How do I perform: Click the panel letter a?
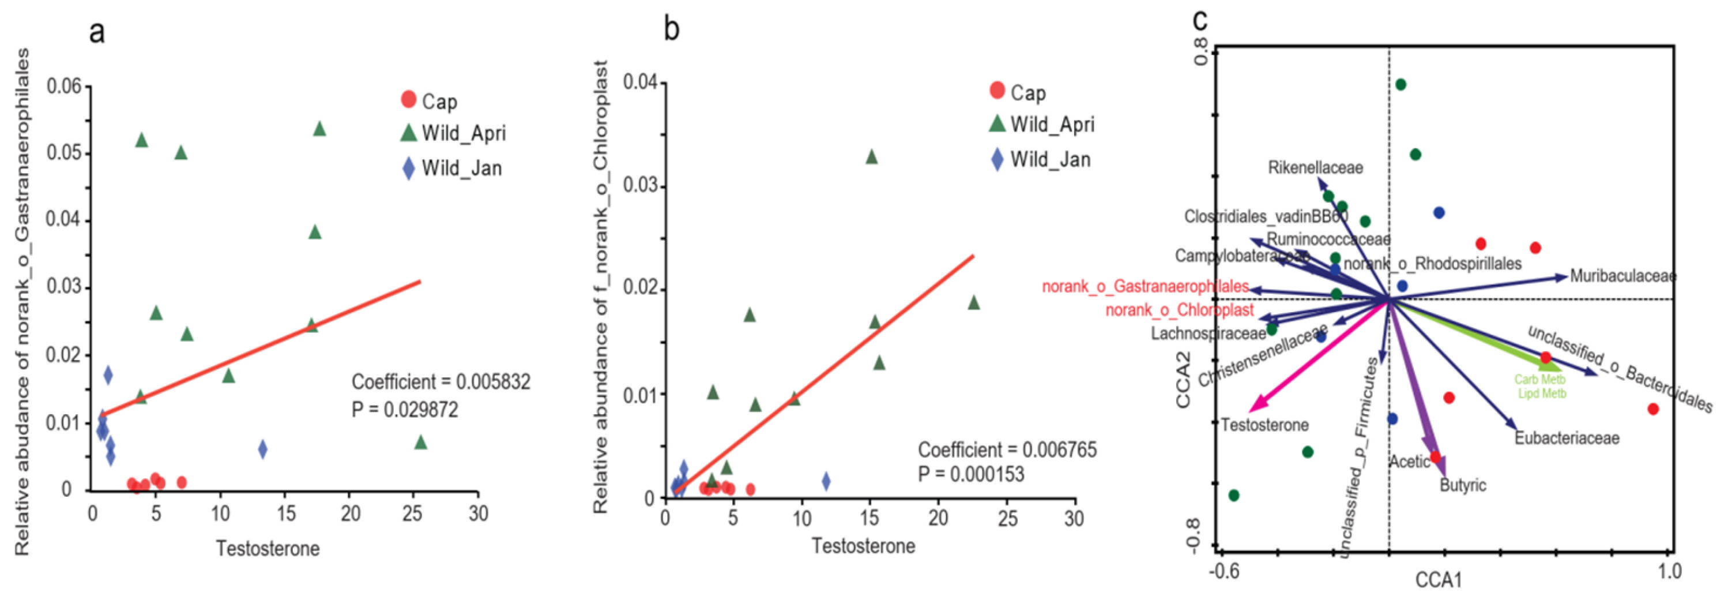click(97, 32)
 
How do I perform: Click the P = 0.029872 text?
click(405, 410)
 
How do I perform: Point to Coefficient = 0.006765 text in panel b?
click(1007, 449)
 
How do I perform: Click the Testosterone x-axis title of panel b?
click(863, 546)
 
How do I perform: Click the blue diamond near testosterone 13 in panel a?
click(262, 449)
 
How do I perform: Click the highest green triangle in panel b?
click(871, 157)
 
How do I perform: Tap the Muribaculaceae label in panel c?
click(1622, 276)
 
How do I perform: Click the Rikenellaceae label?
click(1315, 168)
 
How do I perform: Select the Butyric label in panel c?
click(1462, 485)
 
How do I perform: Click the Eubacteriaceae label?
click(1567, 438)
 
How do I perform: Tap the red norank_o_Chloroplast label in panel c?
click(1179, 310)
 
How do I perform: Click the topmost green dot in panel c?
click(1401, 85)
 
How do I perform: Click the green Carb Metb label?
click(1539, 380)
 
